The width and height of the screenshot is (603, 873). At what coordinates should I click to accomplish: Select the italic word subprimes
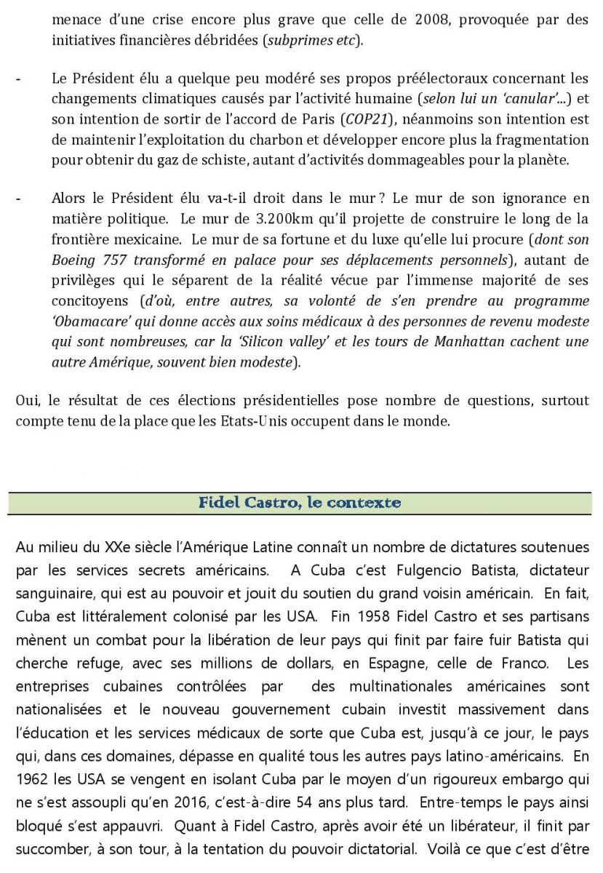pyautogui.click(x=296, y=40)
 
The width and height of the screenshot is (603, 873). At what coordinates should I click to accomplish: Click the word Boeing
pyautogui.click(x=73, y=260)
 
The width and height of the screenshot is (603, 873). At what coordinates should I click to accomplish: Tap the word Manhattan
pyautogui.click(x=472, y=342)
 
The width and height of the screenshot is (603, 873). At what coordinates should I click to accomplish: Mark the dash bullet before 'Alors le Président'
pyautogui.click(x=19, y=198)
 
